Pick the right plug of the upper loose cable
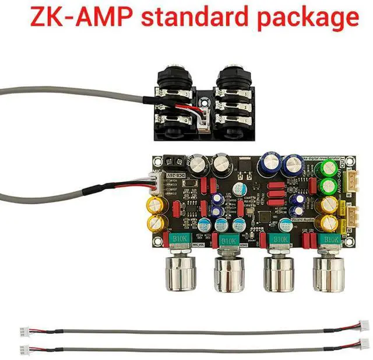pyautogui.click(x=363, y=327)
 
